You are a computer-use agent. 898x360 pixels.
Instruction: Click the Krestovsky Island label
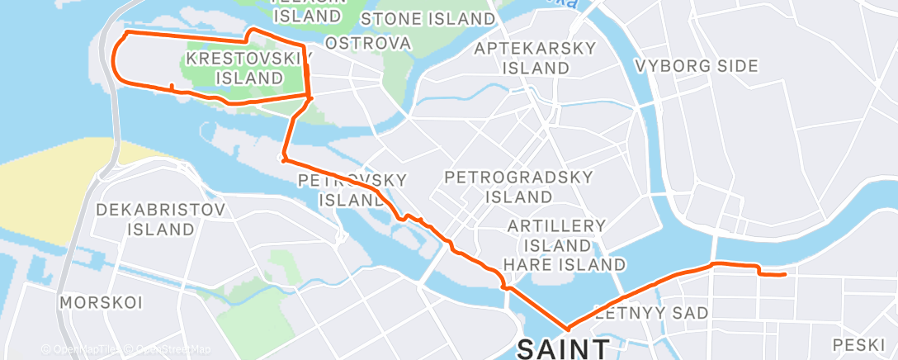point(235,69)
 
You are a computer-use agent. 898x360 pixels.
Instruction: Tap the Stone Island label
point(427,18)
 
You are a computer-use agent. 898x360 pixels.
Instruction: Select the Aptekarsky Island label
point(535,58)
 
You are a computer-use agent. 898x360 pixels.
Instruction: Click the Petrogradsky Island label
point(507,187)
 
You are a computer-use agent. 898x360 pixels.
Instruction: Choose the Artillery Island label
point(556,235)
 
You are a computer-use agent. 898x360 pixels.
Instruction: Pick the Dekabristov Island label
point(161,219)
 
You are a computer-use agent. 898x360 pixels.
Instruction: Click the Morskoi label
point(91,303)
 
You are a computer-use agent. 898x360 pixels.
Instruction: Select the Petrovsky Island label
point(351,189)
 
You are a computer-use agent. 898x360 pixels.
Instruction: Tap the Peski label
point(858,343)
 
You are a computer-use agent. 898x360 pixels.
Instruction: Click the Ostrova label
point(368,42)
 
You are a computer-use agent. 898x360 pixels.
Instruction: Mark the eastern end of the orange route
point(783,274)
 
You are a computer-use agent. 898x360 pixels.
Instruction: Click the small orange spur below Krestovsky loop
point(171,87)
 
